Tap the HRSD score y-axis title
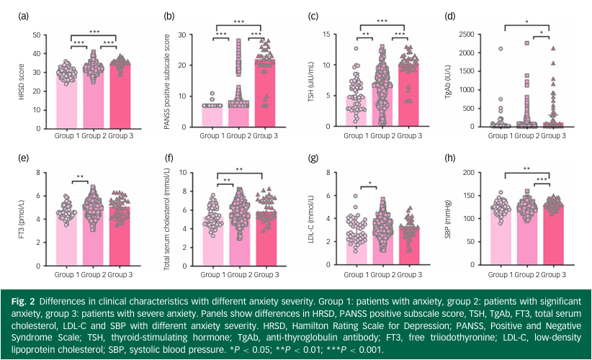(21, 80)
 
